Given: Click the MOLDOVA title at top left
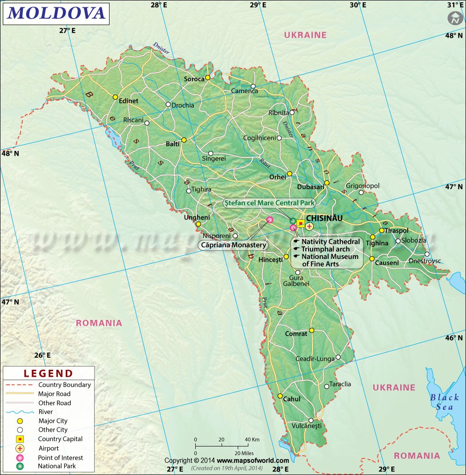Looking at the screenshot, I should tap(56, 13).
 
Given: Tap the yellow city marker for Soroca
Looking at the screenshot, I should tap(208, 78).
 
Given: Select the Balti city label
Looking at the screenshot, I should tap(172, 144).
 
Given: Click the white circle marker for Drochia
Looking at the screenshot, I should tap(168, 104).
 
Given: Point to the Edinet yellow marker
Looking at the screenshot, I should tap(115, 97).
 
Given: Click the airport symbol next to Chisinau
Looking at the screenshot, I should tap(309, 226).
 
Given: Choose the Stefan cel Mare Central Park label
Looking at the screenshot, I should tap(269, 203).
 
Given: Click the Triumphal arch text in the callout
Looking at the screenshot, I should tap(325, 249).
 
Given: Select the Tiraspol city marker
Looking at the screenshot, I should tap(382, 230).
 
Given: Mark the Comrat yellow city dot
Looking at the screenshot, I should tap(312, 331).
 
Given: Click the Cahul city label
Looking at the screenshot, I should tap(292, 399).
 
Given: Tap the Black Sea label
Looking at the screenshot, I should tap(444, 402).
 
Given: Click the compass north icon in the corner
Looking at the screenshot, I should tap(454, 18).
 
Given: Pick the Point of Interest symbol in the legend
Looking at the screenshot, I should tap(20, 458).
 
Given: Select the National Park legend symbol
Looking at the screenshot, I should tap(20, 466).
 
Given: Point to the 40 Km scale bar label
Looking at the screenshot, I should tap(252, 439).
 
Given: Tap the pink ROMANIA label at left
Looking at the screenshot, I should tap(99, 323).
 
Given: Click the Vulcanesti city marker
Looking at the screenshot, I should tap(311, 420).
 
